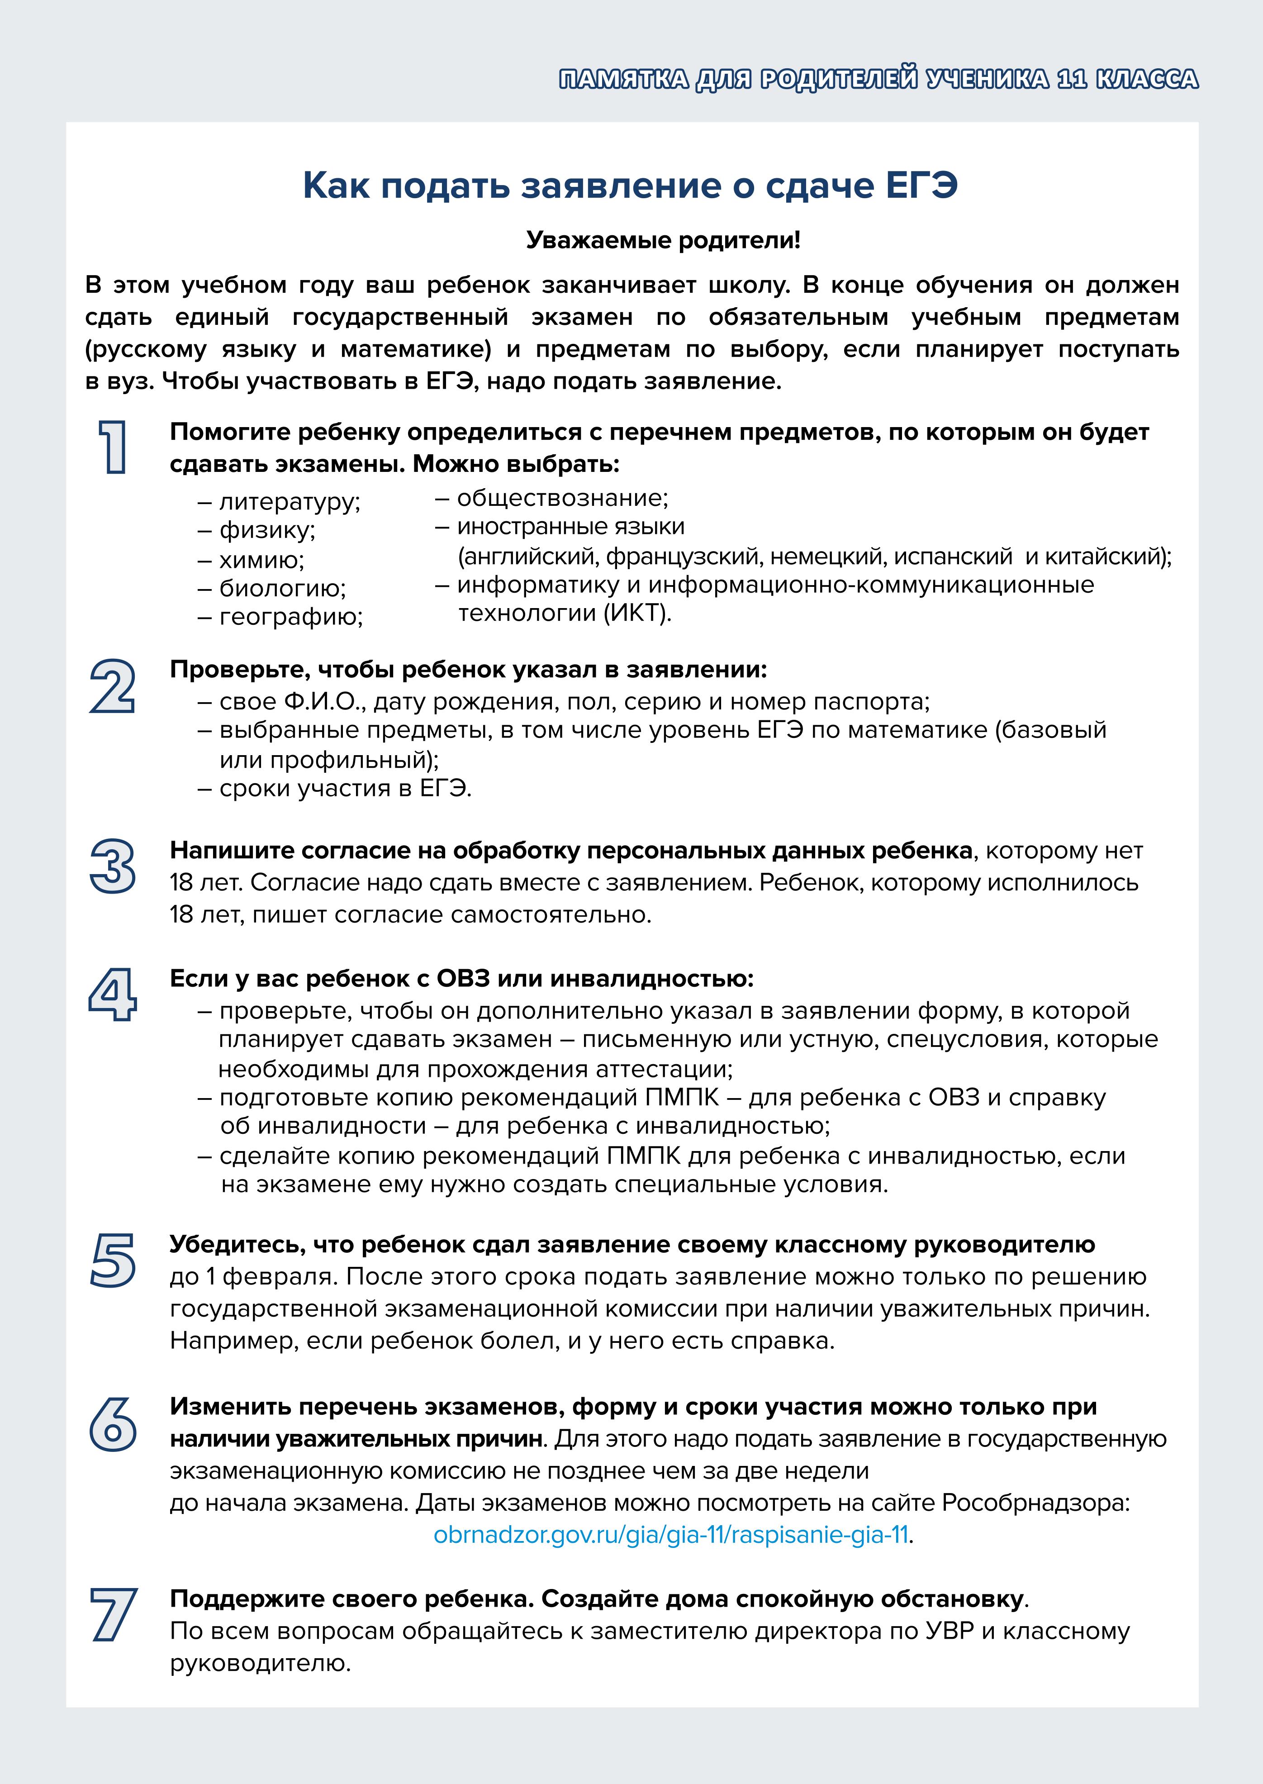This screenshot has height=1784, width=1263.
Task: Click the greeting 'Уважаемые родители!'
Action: click(x=663, y=240)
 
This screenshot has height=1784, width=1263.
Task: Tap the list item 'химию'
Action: click(x=261, y=560)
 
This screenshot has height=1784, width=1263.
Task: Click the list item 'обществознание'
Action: click(x=561, y=498)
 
